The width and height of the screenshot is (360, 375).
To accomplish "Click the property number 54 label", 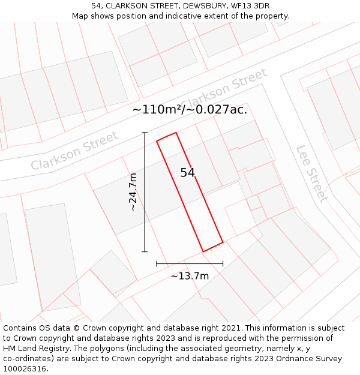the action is click(x=188, y=173).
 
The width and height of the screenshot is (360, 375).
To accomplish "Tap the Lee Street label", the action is click(x=312, y=173).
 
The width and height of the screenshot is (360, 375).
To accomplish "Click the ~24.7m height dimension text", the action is click(x=133, y=192).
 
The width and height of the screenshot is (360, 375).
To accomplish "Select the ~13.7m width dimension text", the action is click(x=190, y=276).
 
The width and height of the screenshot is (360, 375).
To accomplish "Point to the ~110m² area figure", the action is click(x=157, y=110).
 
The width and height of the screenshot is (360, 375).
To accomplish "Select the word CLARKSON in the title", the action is click(x=126, y=5).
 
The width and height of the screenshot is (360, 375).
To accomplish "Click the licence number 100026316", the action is click(x=25, y=369).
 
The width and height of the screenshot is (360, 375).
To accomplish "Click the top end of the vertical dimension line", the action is click(x=145, y=133).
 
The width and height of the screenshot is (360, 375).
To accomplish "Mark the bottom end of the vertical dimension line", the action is click(x=145, y=251).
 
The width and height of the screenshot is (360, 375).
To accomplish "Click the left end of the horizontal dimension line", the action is click(x=157, y=263).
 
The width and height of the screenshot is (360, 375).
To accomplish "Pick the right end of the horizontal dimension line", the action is click(x=223, y=263).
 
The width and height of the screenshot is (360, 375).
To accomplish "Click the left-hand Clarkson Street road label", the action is click(x=75, y=151).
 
